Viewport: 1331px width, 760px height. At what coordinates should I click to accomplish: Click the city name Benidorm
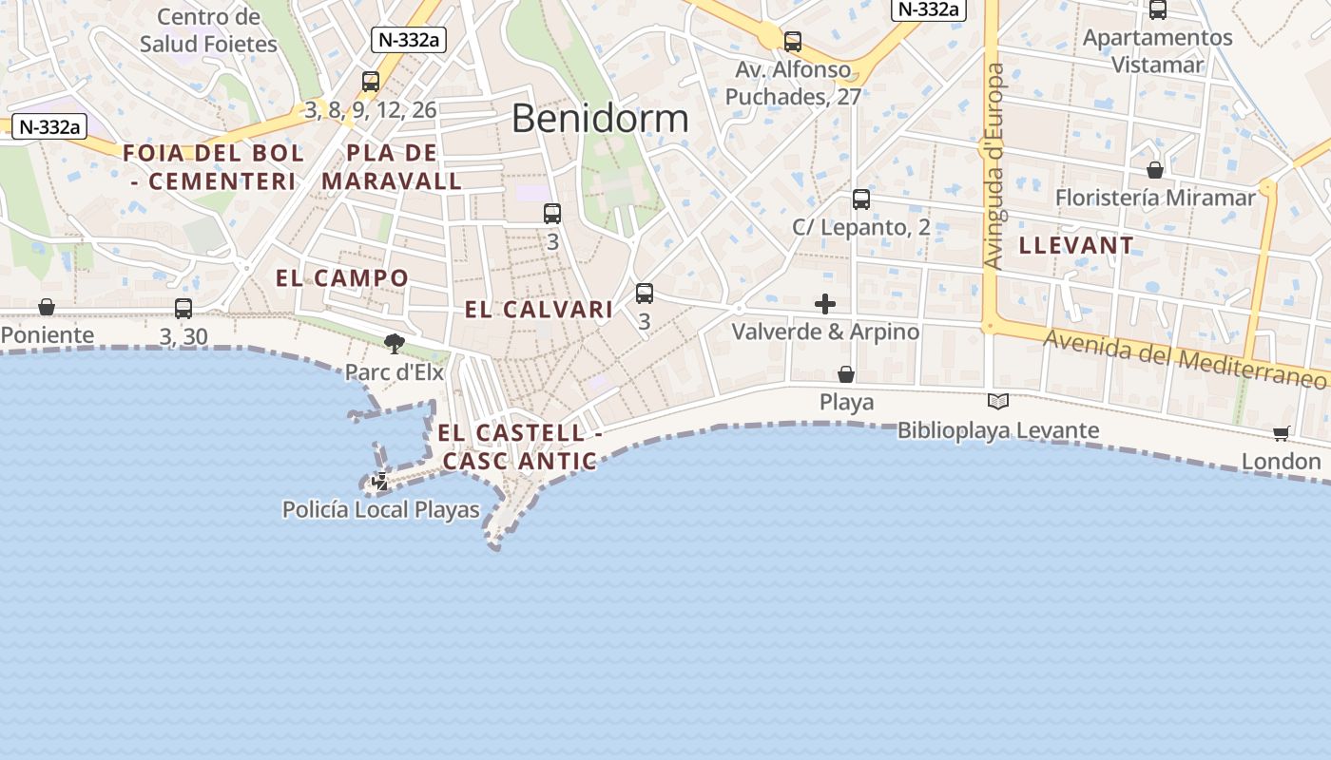point(599,119)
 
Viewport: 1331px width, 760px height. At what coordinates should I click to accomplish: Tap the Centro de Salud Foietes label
point(208,30)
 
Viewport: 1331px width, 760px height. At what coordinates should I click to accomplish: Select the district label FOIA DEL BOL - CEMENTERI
point(214,166)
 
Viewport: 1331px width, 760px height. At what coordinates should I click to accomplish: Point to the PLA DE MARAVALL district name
point(392,166)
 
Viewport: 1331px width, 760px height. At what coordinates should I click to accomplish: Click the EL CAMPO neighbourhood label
point(342,278)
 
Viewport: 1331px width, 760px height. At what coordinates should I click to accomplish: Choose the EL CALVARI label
point(538,310)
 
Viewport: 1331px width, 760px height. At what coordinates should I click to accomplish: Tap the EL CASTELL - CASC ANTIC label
point(518,446)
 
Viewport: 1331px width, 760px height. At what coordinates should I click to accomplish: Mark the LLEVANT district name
point(1076,245)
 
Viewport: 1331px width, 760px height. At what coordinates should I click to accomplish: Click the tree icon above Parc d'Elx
point(395,343)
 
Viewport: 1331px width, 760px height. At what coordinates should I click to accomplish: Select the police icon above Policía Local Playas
point(380,482)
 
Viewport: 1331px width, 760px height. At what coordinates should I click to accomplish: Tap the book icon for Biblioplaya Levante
point(997,402)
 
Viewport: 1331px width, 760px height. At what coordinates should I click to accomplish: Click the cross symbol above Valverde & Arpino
point(825,304)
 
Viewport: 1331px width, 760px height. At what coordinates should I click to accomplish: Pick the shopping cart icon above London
point(1281,434)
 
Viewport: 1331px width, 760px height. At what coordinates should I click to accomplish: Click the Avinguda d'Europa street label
point(993,166)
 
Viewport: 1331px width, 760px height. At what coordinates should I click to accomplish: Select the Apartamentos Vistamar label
point(1157,51)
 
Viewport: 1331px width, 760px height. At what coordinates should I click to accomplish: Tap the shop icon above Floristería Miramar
point(1155,170)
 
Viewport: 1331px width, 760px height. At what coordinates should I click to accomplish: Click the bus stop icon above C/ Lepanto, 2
point(861,199)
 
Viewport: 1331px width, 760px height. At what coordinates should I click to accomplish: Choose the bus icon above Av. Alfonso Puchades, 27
point(793,42)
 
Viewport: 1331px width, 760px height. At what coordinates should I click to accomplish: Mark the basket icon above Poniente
point(47,307)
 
